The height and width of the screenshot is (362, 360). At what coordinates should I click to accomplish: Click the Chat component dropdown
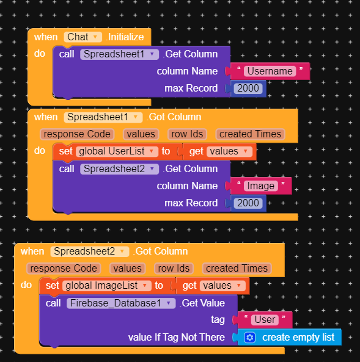click(83, 37)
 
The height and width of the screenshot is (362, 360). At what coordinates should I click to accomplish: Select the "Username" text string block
click(270, 71)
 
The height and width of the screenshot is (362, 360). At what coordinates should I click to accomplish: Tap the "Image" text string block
click(260, 186)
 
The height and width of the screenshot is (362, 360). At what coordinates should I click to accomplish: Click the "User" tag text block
click(265, 320)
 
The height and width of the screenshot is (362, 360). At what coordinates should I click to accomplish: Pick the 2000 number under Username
click(248, 88)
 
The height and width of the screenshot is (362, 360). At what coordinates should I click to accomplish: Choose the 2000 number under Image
click(248, 203)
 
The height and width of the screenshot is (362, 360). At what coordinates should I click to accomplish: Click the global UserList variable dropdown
click(117, 151)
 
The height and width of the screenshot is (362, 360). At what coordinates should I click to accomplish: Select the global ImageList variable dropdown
click(107, 286)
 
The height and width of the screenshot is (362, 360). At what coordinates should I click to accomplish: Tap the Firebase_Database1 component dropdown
click(121, 303)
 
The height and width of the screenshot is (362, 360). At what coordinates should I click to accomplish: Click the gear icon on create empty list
click(250, 338)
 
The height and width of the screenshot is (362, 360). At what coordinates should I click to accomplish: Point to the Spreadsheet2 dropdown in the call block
click(119, 169)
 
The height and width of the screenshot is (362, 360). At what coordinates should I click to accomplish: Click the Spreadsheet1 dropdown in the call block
click(119, 54)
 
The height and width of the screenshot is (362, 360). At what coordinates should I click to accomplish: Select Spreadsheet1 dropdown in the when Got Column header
click(103, 117)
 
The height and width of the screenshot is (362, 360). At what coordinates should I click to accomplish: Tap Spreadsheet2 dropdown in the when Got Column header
click(90, 252)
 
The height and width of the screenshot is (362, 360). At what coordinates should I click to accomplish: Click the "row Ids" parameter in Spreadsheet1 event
click(187, 134)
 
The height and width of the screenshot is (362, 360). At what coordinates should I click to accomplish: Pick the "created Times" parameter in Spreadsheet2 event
click(237, 269)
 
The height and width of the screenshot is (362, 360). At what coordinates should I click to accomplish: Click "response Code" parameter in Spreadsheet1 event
click(77, 134)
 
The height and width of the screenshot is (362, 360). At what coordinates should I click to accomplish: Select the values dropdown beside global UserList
click(229, 151)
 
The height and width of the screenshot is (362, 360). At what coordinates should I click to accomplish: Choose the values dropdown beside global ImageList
click(222, 286)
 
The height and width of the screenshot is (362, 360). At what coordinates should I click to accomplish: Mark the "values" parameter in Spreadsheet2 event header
click(127, 269)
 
